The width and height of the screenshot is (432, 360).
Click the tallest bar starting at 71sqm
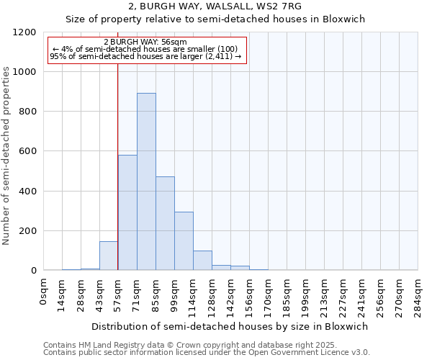click(146, 181)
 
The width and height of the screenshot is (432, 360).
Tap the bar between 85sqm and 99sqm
click(165, 223)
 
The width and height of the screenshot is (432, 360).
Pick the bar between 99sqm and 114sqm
click(184, 241)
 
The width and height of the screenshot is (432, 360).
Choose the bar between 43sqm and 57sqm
click(109, 256)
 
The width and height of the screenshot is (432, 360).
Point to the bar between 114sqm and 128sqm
click(202, 261)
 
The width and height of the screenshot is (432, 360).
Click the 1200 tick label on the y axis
click(24, 32)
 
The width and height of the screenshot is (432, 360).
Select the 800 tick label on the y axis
click(27, 112)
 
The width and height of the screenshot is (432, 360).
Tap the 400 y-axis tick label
click(27, 192)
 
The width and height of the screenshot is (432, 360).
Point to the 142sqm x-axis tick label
click(231, 295)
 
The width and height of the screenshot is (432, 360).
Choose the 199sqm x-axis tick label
click(306, 295)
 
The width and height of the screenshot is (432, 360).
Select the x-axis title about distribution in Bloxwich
click(230, 326)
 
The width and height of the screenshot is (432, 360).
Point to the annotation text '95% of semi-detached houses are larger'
click(145, 56)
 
